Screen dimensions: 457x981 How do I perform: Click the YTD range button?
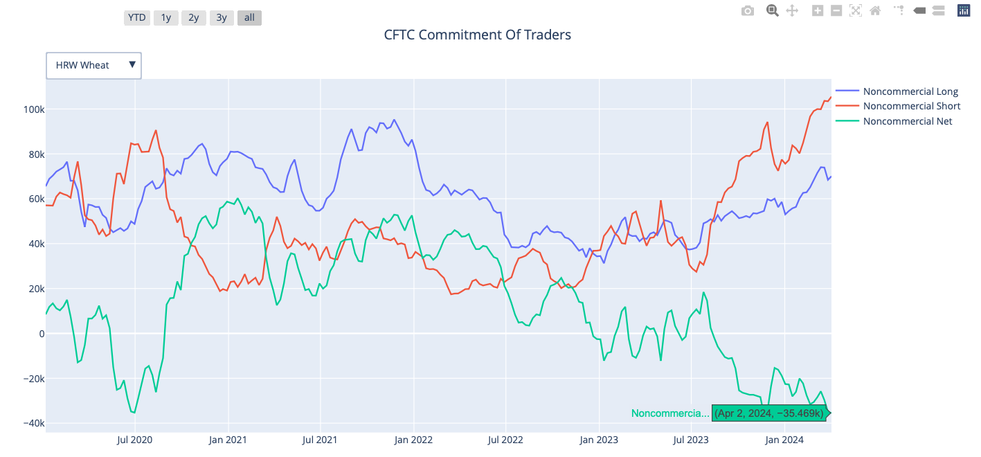[136, 18]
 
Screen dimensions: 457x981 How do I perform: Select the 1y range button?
[165, 18]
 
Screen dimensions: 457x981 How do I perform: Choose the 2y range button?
[193, 18]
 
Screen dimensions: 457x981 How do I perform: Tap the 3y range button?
[221, 18]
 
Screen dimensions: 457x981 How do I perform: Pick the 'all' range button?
[249, 18]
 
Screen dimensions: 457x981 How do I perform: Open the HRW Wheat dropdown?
[94, 65]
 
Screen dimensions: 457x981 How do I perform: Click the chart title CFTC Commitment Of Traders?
[477, 35]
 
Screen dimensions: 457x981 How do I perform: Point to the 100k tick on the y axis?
[33, 109]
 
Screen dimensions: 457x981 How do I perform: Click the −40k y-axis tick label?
[32, 423]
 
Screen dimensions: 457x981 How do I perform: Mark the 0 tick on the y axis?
[41, 334]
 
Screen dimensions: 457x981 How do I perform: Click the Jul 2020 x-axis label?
[134, 439]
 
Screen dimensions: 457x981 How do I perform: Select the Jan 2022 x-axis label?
[413, 439]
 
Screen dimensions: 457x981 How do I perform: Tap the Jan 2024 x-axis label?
[784, 439]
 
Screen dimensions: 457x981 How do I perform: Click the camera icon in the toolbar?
[747, 10]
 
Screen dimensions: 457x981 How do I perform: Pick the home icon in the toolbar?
[875, 10]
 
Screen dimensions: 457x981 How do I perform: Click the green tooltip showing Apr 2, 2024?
[768, 413]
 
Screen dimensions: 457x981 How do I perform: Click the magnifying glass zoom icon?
[772, 10]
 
